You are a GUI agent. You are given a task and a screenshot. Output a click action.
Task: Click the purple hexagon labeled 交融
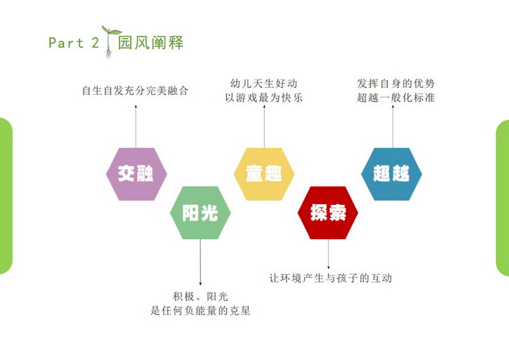(x=137, y=174)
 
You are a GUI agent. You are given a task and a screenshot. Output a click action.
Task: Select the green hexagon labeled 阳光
(x=200, y=212)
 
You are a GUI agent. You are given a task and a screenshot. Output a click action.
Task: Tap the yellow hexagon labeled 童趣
(x=264, y=174)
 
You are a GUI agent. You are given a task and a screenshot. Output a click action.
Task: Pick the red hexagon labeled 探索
(x=328, y=212)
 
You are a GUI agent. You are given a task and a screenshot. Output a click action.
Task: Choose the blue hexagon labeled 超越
(x=391, y=174)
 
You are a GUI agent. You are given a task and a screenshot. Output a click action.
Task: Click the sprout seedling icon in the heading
(x=109, y=43)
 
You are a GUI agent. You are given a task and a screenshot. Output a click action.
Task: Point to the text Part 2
(x=74, y=43)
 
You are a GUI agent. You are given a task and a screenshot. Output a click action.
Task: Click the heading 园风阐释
(x=151, y=43)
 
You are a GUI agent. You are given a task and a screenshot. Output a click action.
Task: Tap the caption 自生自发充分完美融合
(x=135, y=90)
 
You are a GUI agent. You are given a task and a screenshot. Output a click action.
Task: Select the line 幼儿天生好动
(x=264, y=83)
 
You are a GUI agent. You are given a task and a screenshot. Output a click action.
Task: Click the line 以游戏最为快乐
(x=264, y=97)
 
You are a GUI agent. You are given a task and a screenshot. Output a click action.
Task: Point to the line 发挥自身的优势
(x=396, y=83)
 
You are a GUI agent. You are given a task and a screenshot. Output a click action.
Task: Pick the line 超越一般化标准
(x=396, y=97)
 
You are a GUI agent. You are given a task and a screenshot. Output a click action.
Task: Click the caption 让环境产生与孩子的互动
(x=330, y=278)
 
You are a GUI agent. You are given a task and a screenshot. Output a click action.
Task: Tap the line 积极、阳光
(x=200, y=296)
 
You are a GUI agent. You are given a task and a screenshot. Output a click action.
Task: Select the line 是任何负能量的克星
(x=200, y=310)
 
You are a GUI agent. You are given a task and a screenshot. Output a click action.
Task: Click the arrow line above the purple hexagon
(x=136, y=127)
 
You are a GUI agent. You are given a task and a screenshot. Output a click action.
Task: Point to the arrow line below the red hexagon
(x=328, y=254)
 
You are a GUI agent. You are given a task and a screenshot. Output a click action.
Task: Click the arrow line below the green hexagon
(x=200, y=262)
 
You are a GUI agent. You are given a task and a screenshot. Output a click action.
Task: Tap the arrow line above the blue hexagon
(x=393, y=127)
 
